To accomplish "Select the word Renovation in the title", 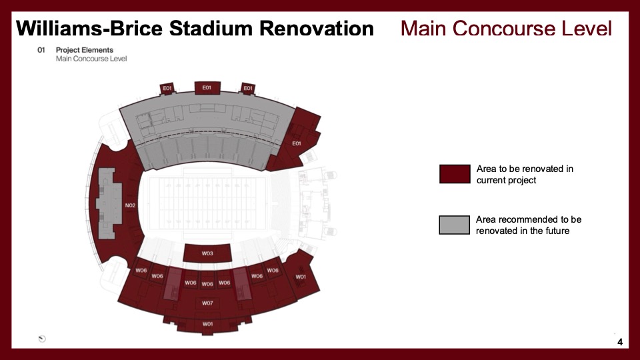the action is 317,29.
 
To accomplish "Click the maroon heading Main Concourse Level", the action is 506,29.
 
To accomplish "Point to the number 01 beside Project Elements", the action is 41,50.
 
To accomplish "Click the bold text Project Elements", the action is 85,50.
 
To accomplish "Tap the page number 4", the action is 620,342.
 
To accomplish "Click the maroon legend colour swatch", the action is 455,174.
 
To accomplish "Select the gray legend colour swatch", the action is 454,225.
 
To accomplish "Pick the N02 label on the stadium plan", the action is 130,205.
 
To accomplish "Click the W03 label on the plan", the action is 207,253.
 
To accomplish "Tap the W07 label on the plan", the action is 207,303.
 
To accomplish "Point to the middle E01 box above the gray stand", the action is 207,88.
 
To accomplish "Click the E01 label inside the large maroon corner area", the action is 296,143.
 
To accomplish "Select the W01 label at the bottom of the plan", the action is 207,324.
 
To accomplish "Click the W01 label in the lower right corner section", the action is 301,277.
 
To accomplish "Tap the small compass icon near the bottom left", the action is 42,339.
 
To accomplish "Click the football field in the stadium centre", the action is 207,203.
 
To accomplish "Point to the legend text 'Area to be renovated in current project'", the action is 525,174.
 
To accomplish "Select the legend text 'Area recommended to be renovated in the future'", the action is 529,225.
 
